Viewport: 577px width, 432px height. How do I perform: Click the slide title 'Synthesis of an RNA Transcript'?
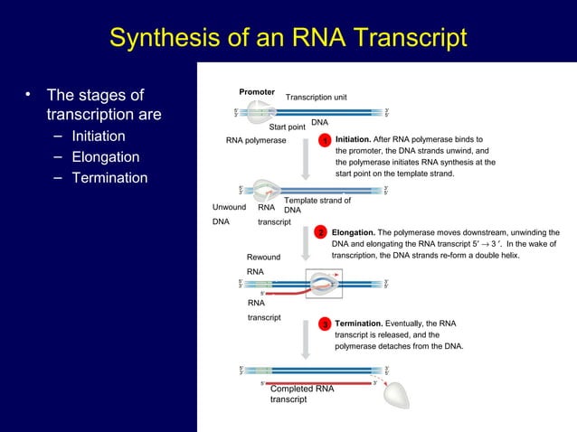click(x=288, y=38)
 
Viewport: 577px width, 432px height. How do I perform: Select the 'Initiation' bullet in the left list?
click(x=99, y=136)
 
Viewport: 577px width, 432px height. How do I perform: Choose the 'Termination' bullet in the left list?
click(x=109, y=178)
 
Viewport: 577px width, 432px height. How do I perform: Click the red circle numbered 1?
click(x=324, y=142)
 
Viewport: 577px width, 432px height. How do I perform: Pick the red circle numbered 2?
click(x=320, y=233)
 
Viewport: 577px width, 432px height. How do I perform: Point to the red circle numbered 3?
click(x=324, y=324)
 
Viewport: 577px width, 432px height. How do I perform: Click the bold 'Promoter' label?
click(x=257, y=92)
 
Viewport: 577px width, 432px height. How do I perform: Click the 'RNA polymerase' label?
click(x=256, y=141)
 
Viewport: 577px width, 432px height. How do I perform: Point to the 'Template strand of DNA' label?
click(x=317, y=205)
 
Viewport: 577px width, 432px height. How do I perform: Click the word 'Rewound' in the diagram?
click(x=263, y=258)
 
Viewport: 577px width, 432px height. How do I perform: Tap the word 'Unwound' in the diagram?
click(x=229, y=207)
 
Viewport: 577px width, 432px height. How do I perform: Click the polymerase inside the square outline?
click(x=323, y=284)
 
